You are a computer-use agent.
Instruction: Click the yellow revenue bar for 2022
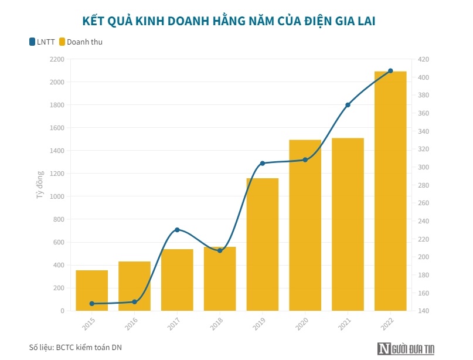pos(390,193)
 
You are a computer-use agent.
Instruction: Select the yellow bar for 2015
pos(92,290)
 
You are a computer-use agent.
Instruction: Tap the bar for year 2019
pos(262,246)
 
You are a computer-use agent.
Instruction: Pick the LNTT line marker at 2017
pos(177,230)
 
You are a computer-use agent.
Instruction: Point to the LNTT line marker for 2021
pos(348,105)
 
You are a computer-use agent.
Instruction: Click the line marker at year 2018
pos(220,250)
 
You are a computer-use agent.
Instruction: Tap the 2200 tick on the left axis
pos(57,59)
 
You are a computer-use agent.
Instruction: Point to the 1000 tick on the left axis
pos(57,196)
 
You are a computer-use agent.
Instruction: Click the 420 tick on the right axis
pos(423,59)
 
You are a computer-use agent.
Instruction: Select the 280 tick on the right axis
pos(423,185)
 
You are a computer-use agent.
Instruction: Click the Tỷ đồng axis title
pos(40,185)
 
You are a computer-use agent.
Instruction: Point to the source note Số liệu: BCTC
pos(76,347)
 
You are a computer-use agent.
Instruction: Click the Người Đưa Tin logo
pos(406,348)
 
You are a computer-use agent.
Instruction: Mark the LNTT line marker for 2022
pos(390,71)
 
